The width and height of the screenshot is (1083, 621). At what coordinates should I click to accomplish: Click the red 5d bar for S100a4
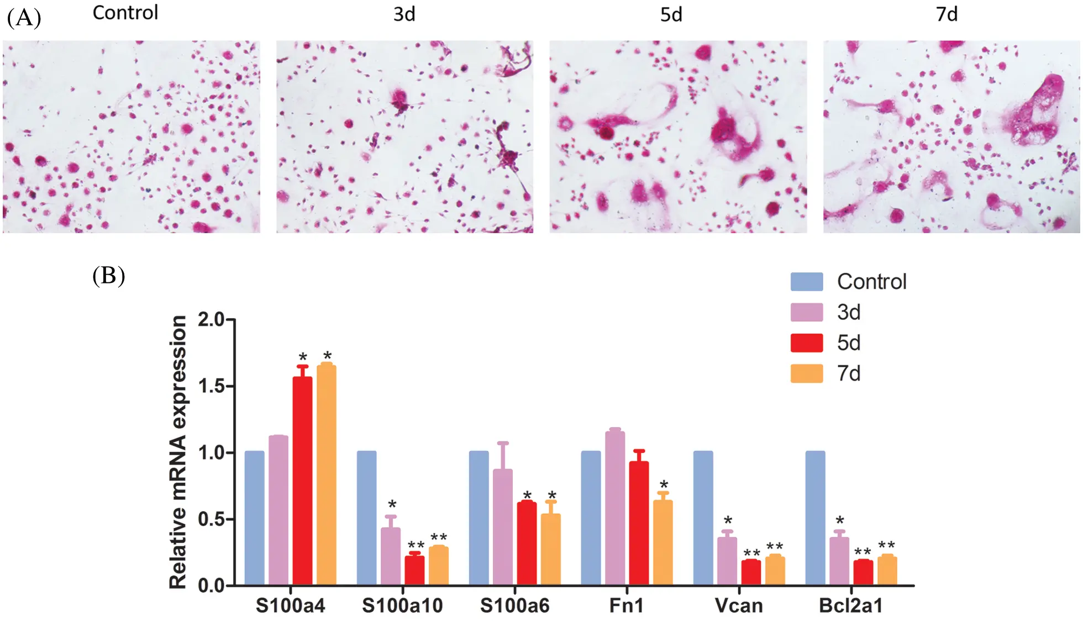click(302, 481)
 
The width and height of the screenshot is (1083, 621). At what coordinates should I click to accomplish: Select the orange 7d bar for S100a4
click(326, 475)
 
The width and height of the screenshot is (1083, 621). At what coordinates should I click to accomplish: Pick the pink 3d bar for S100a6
click(502, 527)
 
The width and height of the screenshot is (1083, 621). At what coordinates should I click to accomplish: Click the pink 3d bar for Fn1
click(614, 508)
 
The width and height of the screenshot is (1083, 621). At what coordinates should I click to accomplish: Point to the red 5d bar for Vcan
click(751, 572)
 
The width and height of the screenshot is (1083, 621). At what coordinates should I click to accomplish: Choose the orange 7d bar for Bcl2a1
click(887, 571)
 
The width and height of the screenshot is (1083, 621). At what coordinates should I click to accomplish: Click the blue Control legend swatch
click(806, 282)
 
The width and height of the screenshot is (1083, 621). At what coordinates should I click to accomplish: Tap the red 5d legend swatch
click(806, 343)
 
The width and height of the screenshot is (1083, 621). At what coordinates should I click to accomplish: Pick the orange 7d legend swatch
click(806, 374)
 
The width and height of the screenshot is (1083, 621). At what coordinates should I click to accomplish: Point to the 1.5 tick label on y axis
click(212, 386)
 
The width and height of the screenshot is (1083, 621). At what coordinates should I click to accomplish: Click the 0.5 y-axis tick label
click(212, 519)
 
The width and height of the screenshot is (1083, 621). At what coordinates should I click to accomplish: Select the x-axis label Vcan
click(738, 606)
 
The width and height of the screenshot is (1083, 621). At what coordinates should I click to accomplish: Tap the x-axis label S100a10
click(402, 606)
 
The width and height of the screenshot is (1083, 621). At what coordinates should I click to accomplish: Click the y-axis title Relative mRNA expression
click(178, 452)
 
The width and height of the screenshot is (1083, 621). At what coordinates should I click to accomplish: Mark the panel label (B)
click(109, 275)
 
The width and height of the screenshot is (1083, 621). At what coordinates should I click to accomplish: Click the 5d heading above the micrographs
click(671, 14)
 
